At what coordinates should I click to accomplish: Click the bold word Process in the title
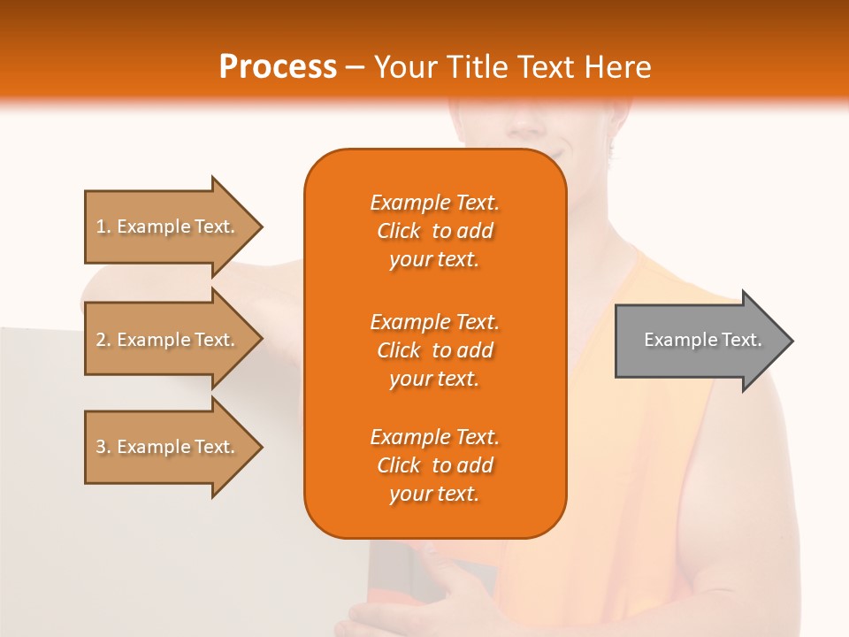click(278, 67)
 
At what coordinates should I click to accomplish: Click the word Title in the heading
click(477, 67)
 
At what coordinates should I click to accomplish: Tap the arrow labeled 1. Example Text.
click(168, 226)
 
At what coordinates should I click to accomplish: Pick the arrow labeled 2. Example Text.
click(168, 340)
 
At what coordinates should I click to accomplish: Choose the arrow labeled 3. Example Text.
click(168, 447)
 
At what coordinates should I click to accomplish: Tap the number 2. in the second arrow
click(103, 340)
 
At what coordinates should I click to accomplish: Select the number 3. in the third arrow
click(103, 447)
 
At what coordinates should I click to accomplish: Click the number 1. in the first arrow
click(103, 226)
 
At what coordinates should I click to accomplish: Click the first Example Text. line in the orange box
click(434, 203)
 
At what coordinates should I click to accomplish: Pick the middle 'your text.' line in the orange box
click(434, 379)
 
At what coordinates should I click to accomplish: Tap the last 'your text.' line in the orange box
click(434, 495)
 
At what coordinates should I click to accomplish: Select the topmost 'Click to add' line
click(434, 231)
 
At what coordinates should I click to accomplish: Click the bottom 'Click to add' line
click(434, 465)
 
